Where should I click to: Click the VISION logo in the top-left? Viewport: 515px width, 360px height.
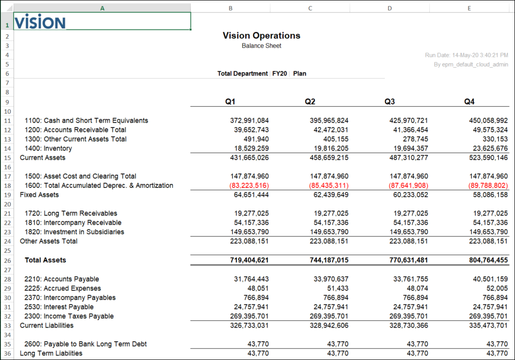click(40, 22)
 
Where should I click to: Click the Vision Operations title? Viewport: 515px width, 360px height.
click(261, 36)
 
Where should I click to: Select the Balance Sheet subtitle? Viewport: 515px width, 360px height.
click(261, 46)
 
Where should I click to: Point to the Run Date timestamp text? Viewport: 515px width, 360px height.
click(466, 55)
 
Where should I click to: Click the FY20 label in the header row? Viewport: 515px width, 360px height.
click(280, 74)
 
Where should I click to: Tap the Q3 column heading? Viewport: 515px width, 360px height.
click(389, 101)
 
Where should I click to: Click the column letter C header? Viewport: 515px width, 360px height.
click(310, 8)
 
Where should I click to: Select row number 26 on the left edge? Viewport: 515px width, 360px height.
click(7, 260)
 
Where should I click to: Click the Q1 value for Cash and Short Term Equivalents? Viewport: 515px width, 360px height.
click(249, 121)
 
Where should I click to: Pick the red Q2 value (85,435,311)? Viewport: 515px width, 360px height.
click(329, 186)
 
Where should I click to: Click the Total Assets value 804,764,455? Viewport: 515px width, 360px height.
click(488, 260)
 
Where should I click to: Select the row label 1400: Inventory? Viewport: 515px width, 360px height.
click(48, 149)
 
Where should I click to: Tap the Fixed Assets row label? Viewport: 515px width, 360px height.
click(39, 195)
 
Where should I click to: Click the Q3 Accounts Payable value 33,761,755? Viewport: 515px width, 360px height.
click(409, 279)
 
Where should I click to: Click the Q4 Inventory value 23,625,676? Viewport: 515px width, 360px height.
click(488, 149)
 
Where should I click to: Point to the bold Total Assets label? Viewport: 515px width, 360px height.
click(45, 260)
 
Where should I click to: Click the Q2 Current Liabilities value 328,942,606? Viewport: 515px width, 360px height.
click(329, 326)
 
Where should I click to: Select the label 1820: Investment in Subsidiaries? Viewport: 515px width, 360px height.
click(74, 232)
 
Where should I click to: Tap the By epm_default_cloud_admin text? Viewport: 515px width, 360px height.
click(471, 64)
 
